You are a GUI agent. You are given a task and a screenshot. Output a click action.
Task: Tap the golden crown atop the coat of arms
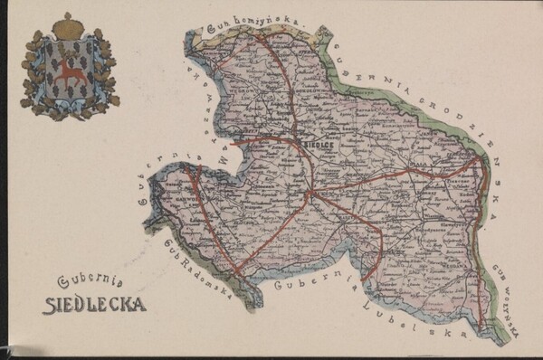[66, 26]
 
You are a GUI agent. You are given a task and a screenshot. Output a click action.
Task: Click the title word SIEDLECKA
[95, 303]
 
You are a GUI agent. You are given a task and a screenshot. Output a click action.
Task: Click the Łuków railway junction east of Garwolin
[310, 193]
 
